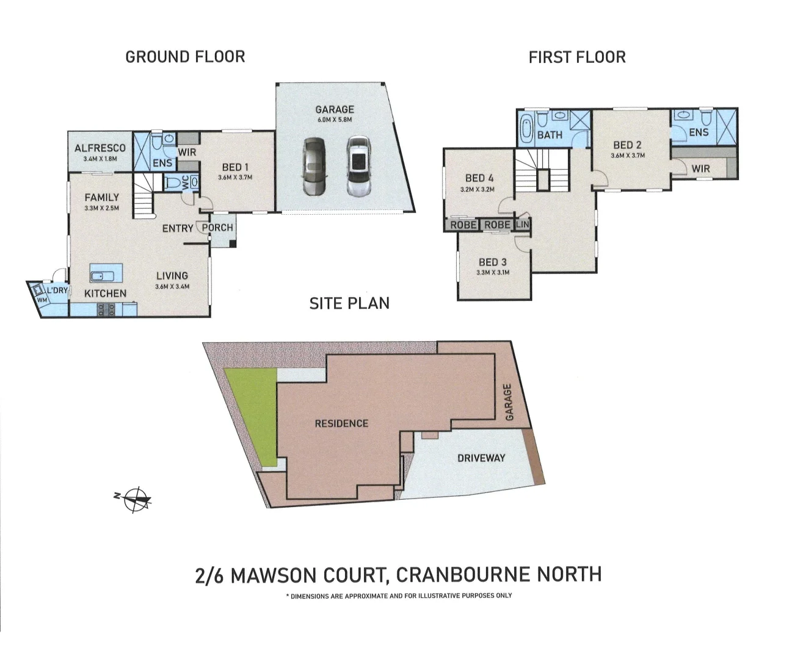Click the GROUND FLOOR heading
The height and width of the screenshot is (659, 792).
point(185,57)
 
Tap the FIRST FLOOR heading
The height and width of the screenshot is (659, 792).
point(576,57)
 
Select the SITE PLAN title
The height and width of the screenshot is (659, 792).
point(349,303)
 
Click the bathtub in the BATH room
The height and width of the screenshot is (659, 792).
point(526,130)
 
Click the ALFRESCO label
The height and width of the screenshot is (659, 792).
point(100,148)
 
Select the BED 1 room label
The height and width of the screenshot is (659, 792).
point(235,167)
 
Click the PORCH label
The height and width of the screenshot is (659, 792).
point(217,228)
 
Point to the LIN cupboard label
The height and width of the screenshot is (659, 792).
point(523,225)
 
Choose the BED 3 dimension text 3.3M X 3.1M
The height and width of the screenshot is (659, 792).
point(492,273)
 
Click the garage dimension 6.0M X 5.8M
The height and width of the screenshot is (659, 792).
point(335,120)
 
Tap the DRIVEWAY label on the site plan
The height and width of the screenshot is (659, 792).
point(481,458)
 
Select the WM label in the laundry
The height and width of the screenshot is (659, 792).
point(42,300)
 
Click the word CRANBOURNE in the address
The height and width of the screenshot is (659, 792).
point(463,575)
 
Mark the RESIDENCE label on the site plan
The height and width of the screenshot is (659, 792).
point(341,423)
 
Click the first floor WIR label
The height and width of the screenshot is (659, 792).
point(700,168)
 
